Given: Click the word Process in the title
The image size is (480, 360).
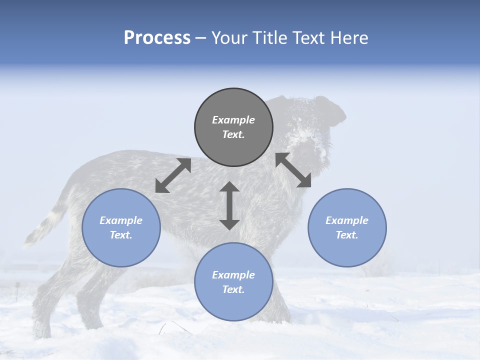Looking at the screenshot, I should pyautogui.click(x=157, y=38).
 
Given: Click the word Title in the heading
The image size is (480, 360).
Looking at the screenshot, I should pyautogui.click(x=270, y=38).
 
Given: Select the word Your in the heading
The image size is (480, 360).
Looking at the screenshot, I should pyautogui.click(x=230, y=38).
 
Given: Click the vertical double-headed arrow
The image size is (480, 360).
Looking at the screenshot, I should pyautogui.click(x=229, y=205).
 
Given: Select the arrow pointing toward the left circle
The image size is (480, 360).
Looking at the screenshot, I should pyautogui.click(x=173, y=175).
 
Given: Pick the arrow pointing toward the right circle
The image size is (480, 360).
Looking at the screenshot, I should pyautogui.click(x=293, y=170).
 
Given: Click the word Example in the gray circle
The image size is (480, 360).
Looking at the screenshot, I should pyautogui.click(x=233, y=120).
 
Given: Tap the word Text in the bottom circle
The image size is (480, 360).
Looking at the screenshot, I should pyautogui.click(x=233, y=289).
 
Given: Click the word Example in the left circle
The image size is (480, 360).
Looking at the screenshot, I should pyautogui.click(x=121, y=220).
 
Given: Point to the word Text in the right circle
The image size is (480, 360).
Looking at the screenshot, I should pyautogui.click(x=347, y=235).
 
